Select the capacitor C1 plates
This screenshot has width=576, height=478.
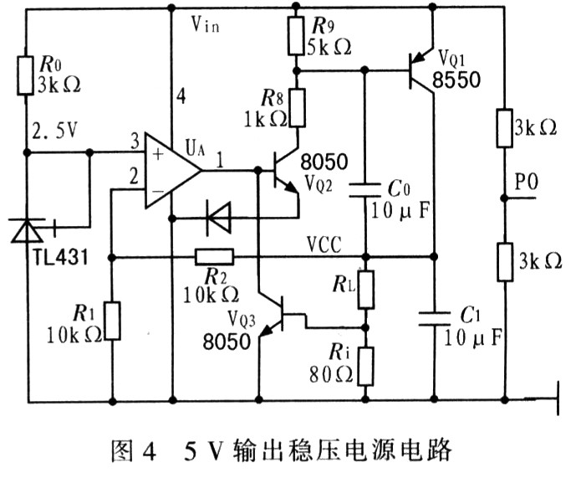(434, 313)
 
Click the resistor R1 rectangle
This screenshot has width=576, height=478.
(111, 322)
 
